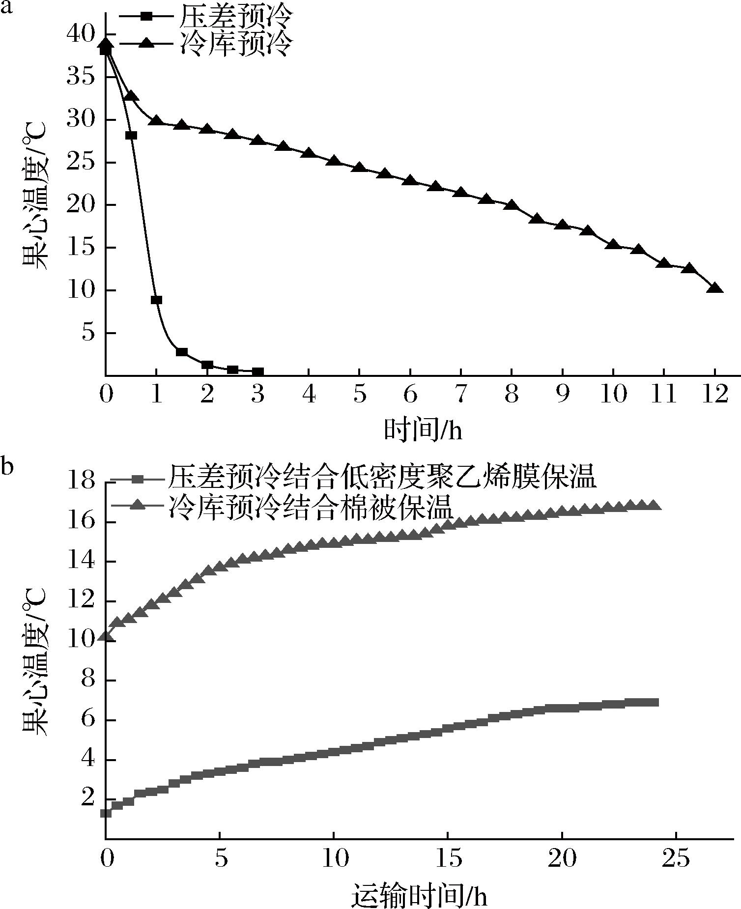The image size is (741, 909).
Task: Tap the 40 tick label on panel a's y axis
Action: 80,34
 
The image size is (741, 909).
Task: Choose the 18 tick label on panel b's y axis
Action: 80,483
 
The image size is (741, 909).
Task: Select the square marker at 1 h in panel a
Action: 156,300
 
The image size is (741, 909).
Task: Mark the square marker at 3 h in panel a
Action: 258,372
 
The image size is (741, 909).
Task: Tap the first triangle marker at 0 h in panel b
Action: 106,637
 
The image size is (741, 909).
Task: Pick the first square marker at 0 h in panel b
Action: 106,813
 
